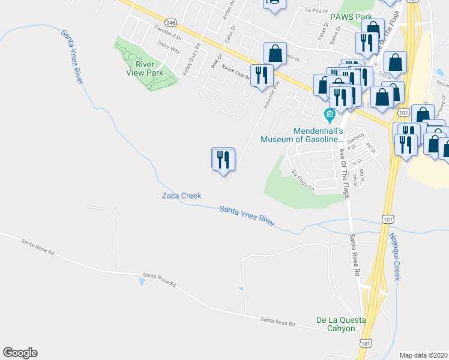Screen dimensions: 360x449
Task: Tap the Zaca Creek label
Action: [x=181, y=196]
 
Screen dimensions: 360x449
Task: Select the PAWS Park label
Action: [x=351, y=17]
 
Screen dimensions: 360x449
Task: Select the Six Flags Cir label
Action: [x=303, y=181]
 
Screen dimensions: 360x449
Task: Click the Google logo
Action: [x=20, y=353]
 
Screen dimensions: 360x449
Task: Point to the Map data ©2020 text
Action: [x=423, y=355]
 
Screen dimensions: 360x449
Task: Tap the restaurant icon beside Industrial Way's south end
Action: [x=223, y=160]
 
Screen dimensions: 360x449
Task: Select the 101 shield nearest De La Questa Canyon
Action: [x=366, y=342]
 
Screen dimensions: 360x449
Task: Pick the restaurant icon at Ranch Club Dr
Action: [x=261, y=75]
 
